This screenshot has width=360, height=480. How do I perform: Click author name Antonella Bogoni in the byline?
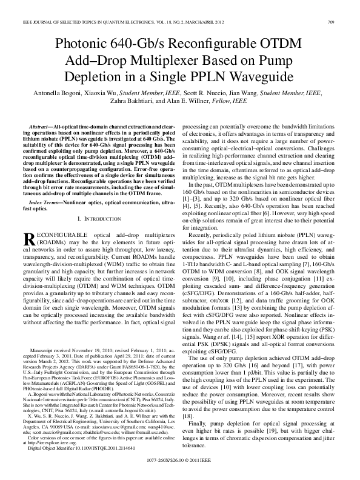tap(58, 94)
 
